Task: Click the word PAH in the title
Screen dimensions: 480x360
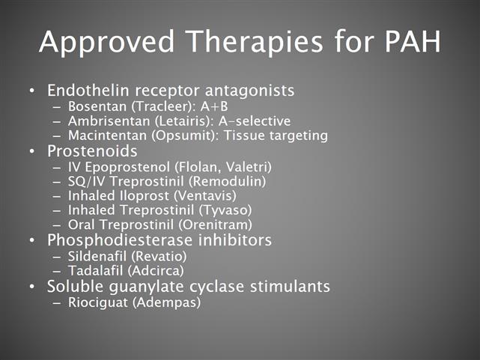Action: point(413,42)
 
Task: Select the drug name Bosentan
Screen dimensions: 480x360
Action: point(97,106)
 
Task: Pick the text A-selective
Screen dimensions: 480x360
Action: point(255,121)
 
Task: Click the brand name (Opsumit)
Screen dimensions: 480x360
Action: point(186,135)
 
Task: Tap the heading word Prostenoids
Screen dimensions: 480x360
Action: point(92,151)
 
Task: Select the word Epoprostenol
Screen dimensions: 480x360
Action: point(127,168)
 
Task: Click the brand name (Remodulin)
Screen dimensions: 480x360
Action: point(227,181)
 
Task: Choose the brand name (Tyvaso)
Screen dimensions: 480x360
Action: point(225,210)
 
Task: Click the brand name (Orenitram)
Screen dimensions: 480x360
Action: point(215,225)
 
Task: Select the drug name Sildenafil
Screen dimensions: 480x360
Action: point(97,256)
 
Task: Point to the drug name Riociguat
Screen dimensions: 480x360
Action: point(98,302)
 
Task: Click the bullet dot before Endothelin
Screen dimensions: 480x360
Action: point(32,91)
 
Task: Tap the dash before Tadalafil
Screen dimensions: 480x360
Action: point(57,271)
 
